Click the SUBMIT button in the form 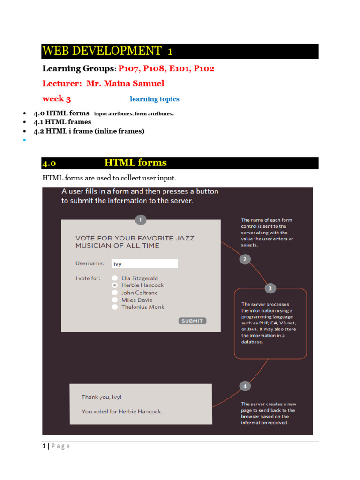(192, 321)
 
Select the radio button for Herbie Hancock (114, 285)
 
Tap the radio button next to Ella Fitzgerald (114, 278)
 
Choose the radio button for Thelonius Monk (114, 307)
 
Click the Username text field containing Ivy (144, 264)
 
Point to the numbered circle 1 (141, 219)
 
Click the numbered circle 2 (244, 259)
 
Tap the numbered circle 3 (270, 288)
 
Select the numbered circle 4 (245, 386)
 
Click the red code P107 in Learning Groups (129, 68)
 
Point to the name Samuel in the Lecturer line (149, 83)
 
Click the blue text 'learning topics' (154, 99)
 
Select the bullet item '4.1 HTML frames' (62, 122)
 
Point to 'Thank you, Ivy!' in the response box (102, 397)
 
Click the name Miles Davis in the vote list (136, 300)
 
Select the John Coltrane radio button (114, 292)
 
